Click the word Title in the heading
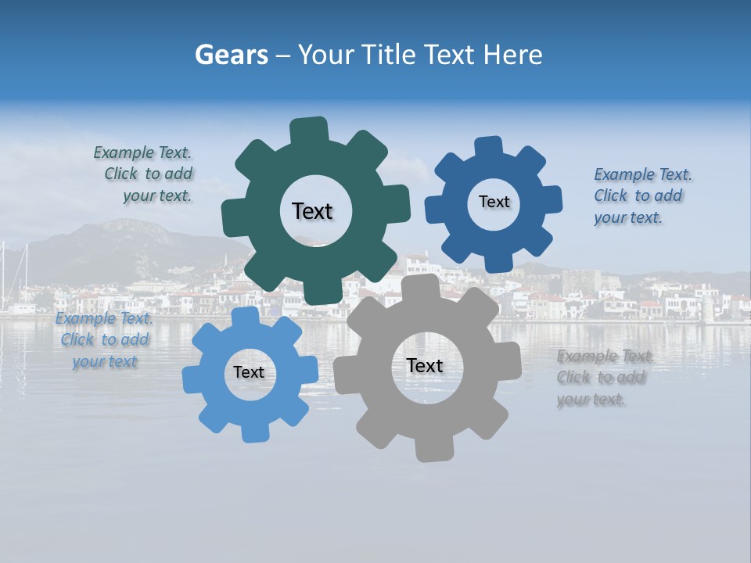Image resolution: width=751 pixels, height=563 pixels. coord(389,55)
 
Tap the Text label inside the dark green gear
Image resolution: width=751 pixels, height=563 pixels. coord(312,211)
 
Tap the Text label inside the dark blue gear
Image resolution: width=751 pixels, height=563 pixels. coord(494,202)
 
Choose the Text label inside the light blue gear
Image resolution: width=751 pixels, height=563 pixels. coord(249,372)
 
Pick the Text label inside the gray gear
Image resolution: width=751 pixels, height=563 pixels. coord(425,365)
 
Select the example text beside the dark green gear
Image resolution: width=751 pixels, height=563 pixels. coord(144,174)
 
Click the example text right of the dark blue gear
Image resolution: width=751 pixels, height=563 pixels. coord(641,195)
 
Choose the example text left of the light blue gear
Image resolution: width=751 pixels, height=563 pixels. coord(104,340)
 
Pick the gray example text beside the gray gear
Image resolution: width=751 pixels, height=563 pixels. coord(603,378)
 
